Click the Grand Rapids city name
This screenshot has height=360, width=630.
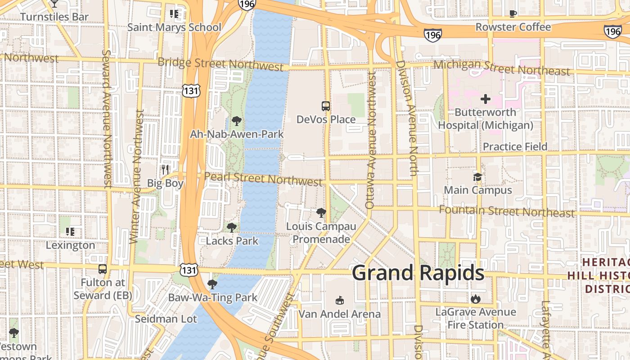point(418,273)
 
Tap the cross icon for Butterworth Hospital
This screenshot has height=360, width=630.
point(486,99)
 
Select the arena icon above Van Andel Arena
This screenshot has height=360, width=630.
point(340,300)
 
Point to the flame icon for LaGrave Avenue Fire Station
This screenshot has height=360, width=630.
point(476,298)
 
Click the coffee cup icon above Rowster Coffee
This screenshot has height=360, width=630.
point(513,13)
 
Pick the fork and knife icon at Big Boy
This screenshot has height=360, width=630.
point(165,170)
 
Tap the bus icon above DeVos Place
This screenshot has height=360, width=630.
point(326,106)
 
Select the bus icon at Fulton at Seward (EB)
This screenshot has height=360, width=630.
point(103,269)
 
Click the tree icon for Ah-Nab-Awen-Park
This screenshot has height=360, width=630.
point(236,121)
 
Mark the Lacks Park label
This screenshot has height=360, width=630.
point(232,241)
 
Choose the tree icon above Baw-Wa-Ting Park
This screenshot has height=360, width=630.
point(212,284)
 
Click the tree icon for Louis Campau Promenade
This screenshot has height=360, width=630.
point(321,212)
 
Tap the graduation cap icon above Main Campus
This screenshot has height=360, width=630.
point(477,177)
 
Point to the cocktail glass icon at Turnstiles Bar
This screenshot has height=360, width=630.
point(54,4)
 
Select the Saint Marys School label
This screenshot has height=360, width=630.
point(174,27)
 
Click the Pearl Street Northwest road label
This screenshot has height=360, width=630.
point(263,179)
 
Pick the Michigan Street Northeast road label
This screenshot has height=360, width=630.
point(501,68)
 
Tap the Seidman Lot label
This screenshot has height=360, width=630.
point(166,319)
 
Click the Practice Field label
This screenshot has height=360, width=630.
point(515,147)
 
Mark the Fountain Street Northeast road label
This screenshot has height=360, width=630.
point(507,211)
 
